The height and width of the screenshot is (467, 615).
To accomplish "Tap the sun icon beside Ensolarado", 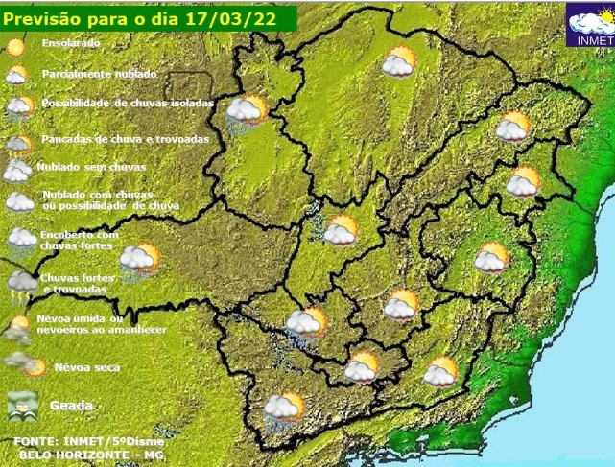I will tap(16, 44).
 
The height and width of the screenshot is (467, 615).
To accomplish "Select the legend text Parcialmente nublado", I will tap(99, 74).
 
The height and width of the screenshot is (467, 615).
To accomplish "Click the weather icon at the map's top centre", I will tap(398, 63).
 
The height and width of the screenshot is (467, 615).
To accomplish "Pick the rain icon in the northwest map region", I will tap(246, 112).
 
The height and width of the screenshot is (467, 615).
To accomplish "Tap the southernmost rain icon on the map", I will tap(284, 409).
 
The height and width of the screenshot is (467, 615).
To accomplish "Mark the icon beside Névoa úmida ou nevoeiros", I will tap(17, 326).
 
